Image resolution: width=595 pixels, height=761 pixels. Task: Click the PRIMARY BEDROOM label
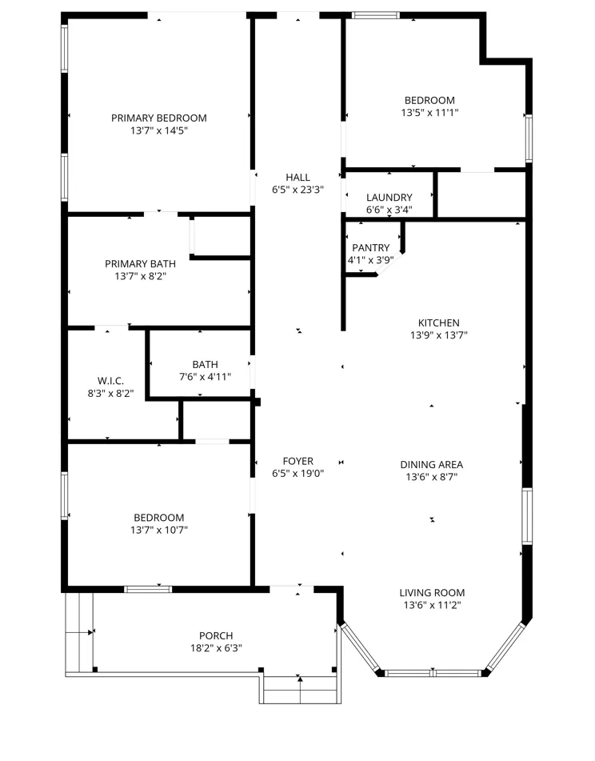click(x=159, y=118)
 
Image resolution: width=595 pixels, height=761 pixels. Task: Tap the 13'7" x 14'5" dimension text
click(x=159, y=130)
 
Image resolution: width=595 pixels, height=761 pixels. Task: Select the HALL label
click(x=297, y=177)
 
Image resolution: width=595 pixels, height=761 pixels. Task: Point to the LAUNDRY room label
click(x=389, y=198)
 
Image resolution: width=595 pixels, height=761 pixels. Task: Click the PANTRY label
click(x=371, y=247)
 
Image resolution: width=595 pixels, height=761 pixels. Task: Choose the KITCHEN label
click(x=439, y=322)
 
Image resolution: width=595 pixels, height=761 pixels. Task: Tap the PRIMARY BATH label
click(x=140, y=264)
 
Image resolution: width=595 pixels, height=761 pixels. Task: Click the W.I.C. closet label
click(x=110, y=381)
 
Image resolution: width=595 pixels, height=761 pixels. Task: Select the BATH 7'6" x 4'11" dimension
click(x=205, y=377)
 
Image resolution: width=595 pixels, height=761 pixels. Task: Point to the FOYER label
click(x=297, y=461)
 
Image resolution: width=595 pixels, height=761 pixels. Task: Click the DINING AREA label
click(x=432, y=464)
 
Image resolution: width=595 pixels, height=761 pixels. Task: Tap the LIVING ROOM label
click(x=432, y=593)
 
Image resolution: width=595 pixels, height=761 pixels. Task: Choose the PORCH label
click(x=216, y=636)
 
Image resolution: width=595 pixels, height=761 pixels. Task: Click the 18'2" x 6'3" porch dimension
click(x=216, y=648)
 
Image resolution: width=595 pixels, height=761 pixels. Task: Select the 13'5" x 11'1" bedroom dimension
click(x=429, y=113)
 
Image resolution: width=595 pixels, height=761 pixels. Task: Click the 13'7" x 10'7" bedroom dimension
click(x=159, y=531)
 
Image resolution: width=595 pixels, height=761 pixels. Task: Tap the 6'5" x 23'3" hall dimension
click(x=297, y=190)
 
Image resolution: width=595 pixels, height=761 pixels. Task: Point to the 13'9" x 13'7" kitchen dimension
click(x=439, y=335)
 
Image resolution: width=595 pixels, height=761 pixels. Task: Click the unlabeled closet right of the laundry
click(x=481, y=194)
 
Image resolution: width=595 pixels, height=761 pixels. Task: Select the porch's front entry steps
click(x=300, y=689)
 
